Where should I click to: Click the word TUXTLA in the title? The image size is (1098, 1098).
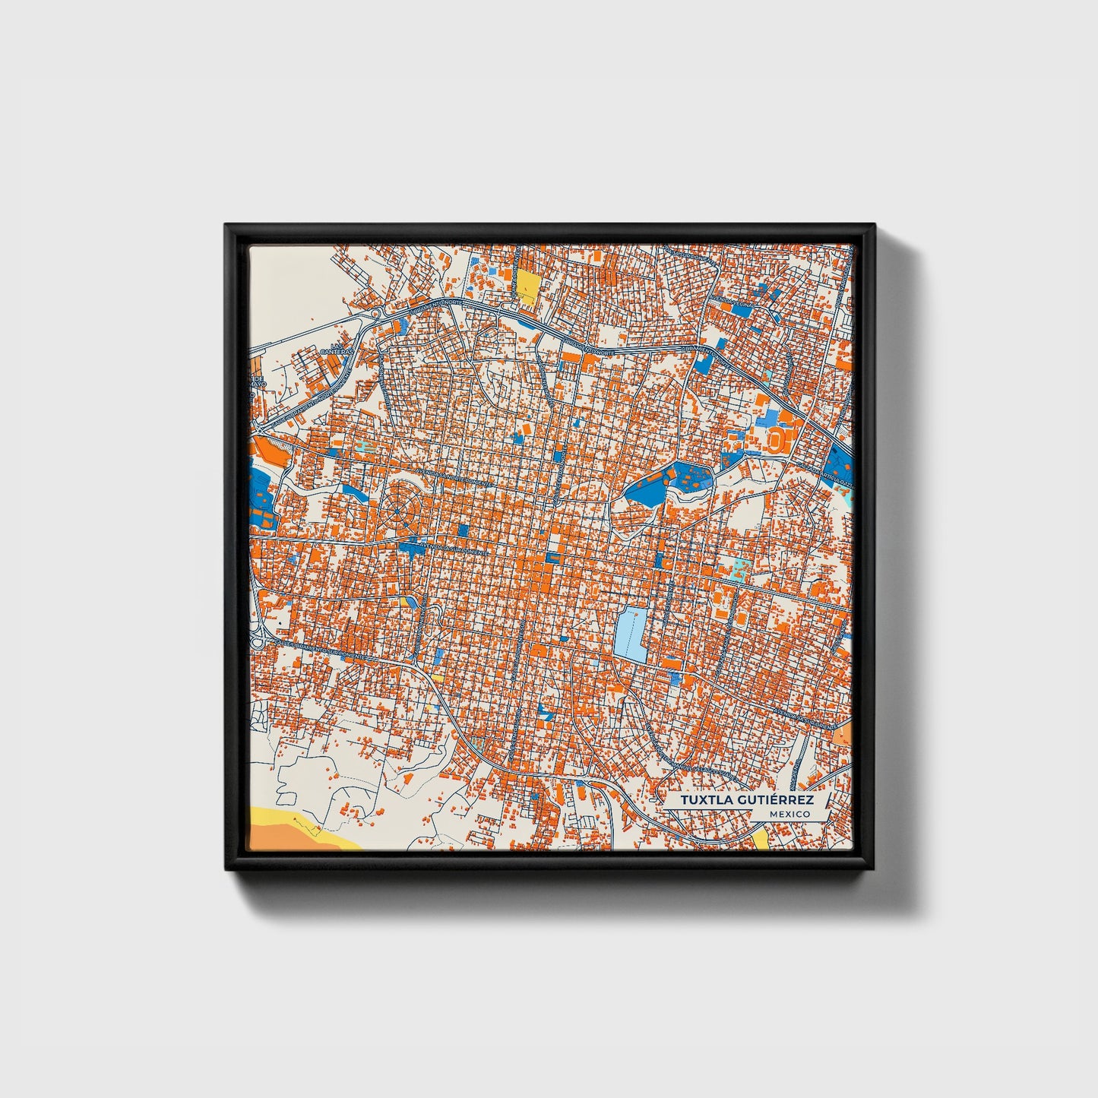tap(703, 800)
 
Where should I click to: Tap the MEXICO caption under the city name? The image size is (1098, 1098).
tap(789, 814)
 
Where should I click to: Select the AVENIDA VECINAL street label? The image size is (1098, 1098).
tap(732, 302)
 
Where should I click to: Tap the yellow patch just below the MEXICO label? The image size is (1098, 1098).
tap(761, 839)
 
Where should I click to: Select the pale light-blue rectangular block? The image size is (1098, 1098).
tap(630, 634)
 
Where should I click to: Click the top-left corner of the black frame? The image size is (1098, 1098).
tap(226, 225)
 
